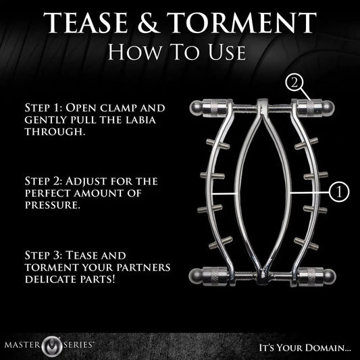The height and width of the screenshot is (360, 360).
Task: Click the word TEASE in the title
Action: click(x=85, y=23)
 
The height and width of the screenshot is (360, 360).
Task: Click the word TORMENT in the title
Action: click(x=242, y=23)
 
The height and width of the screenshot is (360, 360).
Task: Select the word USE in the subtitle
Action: click(x=227, y=53)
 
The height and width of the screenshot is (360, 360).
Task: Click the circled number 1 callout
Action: click(x=339, y=192)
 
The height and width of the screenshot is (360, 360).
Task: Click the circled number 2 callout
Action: click(x=294, y=83)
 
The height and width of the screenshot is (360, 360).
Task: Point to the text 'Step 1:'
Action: click(x=44, y=107)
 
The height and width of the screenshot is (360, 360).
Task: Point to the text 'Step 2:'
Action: click(x=43, y=181)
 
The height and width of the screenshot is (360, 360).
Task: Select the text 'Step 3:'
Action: click(x=44, y=255)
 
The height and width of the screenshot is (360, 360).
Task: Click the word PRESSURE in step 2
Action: click(x=53, y=205)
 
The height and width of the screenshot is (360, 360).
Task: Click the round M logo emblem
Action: click(x=52, y=346)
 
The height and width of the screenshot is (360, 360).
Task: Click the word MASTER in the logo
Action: click(x=22, y=345)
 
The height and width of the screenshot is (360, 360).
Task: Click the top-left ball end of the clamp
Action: click(x=197, y=108)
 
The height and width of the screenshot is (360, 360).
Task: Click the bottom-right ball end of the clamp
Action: click(x=329, y=276)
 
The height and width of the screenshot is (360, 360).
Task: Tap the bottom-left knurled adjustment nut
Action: click(x=215, y=276)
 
